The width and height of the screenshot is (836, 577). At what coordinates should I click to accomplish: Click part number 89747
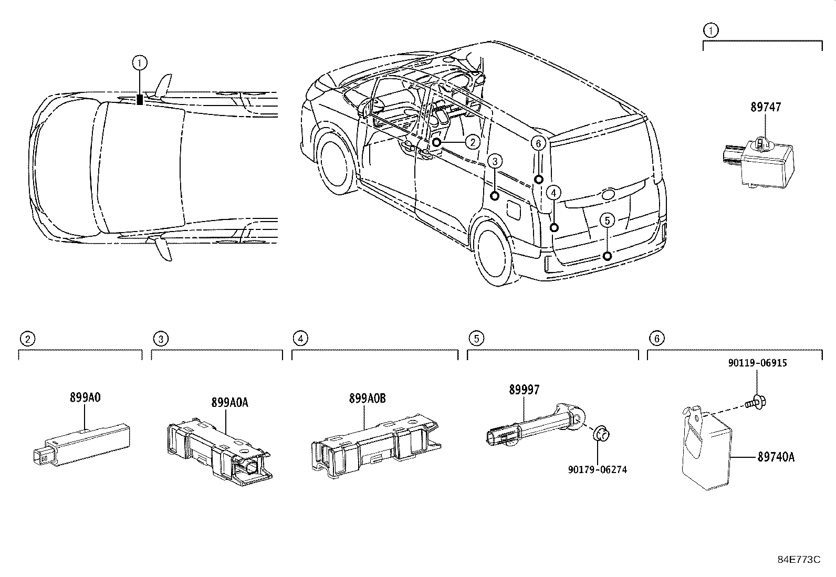click(x=766, y=107)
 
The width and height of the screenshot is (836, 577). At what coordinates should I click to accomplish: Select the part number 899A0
click(x=85, y=397)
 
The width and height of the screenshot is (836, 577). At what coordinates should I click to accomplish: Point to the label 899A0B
click(x=367, y=398)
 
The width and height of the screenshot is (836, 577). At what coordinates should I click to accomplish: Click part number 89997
click(x=524, y=390)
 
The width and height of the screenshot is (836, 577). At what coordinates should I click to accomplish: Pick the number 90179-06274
click(x=597, y=469)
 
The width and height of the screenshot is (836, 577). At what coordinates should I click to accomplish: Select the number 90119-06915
click(x=757, y=363)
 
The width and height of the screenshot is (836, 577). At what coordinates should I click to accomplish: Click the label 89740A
click(x=776, y=457)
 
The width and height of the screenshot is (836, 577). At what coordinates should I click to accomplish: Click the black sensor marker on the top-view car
click(x=140, y=99)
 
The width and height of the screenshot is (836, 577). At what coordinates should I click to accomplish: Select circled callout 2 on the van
click(x=472, y=142)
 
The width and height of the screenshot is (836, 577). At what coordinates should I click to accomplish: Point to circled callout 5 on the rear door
click(x=607, y=221)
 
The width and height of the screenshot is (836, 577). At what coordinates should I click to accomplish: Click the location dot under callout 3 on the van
click(x=495, y=196)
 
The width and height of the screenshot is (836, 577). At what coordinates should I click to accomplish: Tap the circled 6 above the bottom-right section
click(x=656, y=338)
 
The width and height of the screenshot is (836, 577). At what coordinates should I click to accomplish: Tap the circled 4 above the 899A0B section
click(x=300, y=338)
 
